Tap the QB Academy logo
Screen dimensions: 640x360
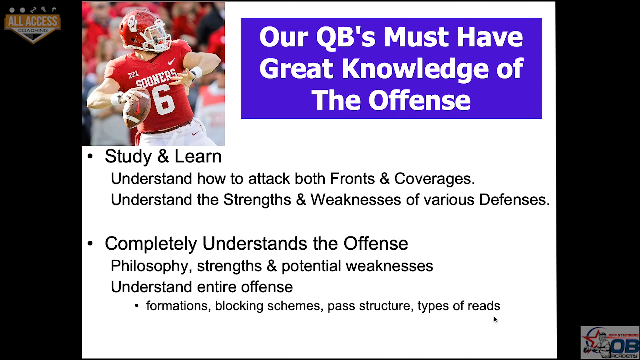click(610, 342)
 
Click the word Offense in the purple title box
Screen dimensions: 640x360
click(419, 100)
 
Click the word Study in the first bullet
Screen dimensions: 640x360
click(128, 156)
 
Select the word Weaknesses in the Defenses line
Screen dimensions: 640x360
click(356, 200)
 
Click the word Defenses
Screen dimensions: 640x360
click(514, 200)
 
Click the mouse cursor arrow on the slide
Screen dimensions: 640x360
click(496, 320)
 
